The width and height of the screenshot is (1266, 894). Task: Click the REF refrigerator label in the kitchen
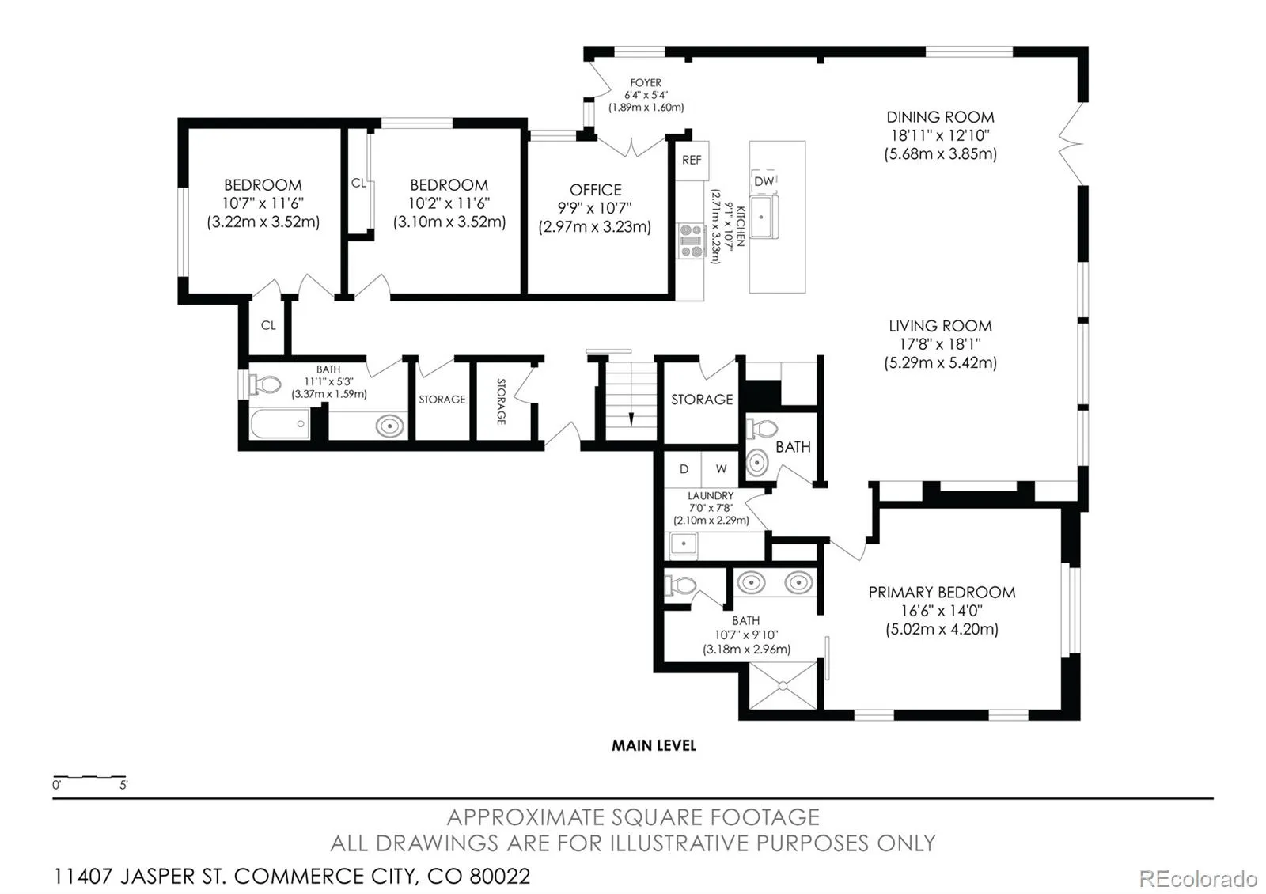692,160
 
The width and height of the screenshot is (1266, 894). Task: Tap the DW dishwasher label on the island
764,181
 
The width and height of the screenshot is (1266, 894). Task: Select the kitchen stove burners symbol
691,241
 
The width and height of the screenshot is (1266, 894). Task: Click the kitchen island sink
764,217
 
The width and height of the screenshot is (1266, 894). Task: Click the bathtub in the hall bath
279,424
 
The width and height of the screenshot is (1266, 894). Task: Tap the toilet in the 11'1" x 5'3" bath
264,384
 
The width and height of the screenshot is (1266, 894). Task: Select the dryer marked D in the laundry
684,469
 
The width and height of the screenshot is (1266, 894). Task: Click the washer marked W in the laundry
721,469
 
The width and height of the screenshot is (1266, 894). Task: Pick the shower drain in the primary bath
783,685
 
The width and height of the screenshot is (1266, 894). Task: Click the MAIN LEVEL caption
654,745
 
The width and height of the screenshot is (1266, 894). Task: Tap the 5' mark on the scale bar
123,785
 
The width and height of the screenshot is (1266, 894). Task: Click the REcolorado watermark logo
1198,878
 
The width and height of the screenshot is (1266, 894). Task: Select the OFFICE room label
595,190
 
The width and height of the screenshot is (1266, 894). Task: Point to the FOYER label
646,82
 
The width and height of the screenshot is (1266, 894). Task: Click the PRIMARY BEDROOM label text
942,593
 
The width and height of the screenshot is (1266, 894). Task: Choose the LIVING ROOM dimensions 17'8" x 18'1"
941,343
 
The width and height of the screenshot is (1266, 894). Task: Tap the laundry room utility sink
684,544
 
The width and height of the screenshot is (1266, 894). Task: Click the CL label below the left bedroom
268,325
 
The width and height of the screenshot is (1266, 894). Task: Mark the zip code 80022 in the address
499,877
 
